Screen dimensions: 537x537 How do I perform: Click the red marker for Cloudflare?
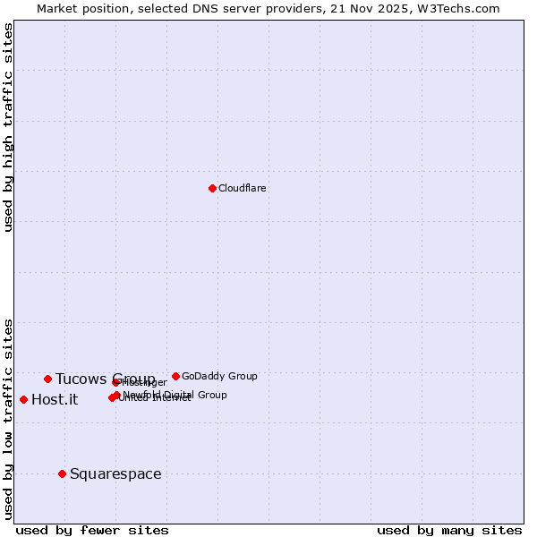[x=212, y=188]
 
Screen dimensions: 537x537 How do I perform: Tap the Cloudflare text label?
[x=243, y=189]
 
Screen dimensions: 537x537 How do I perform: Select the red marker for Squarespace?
[x=62, y=473]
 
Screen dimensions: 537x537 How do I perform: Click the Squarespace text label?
[x=115, y=474]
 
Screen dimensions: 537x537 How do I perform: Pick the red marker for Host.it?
[x=23, y=399]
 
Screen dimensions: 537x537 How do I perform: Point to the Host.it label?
[x=55, y=400]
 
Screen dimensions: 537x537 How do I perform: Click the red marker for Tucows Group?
[x=47, y=379]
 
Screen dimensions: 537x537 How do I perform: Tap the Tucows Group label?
[x=105, y=379]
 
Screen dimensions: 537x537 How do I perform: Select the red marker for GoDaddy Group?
[x=175, y=376]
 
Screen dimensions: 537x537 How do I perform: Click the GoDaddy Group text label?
[x=219, y=377]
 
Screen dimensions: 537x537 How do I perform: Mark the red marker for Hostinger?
[x=115, y=382]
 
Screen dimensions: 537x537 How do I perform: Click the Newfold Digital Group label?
[x=175, y=395]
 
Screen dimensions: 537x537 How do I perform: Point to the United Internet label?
[x=155, y=398]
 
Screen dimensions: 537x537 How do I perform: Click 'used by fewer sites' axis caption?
[x=92, y=530]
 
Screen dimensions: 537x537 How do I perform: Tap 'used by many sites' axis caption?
[x=449, y=530]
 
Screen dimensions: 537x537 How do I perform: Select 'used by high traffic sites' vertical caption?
[x=9, y=127]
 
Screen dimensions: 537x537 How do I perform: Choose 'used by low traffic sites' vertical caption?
[x=9, y=418]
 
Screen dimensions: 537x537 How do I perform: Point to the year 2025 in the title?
[x=402, y=8]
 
